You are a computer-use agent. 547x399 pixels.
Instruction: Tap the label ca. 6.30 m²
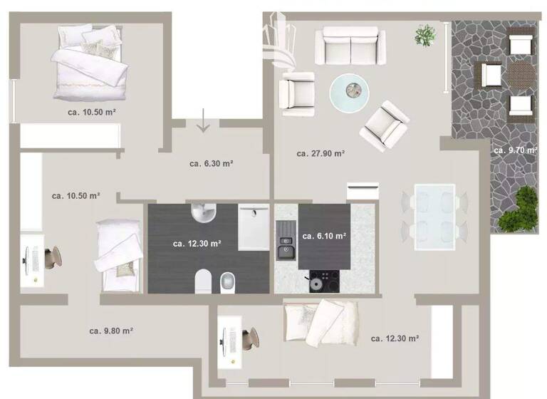212,163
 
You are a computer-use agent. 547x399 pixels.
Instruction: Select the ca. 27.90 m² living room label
321,153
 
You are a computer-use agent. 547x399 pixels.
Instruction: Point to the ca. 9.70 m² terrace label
516,150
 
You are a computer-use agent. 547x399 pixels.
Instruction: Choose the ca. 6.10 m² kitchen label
324,236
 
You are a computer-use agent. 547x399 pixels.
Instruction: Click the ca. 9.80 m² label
112,331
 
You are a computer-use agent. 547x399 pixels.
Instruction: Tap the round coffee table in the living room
350,90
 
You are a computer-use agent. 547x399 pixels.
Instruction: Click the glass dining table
434,216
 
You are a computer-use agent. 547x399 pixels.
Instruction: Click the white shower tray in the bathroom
254,228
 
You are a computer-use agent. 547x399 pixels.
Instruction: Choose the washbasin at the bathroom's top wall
204,212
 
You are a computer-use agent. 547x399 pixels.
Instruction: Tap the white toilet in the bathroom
202,282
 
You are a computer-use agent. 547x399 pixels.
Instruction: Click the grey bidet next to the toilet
227,282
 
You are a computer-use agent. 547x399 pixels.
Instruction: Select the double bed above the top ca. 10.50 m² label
89,61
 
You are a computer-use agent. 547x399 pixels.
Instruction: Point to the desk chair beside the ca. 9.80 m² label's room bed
51,256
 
